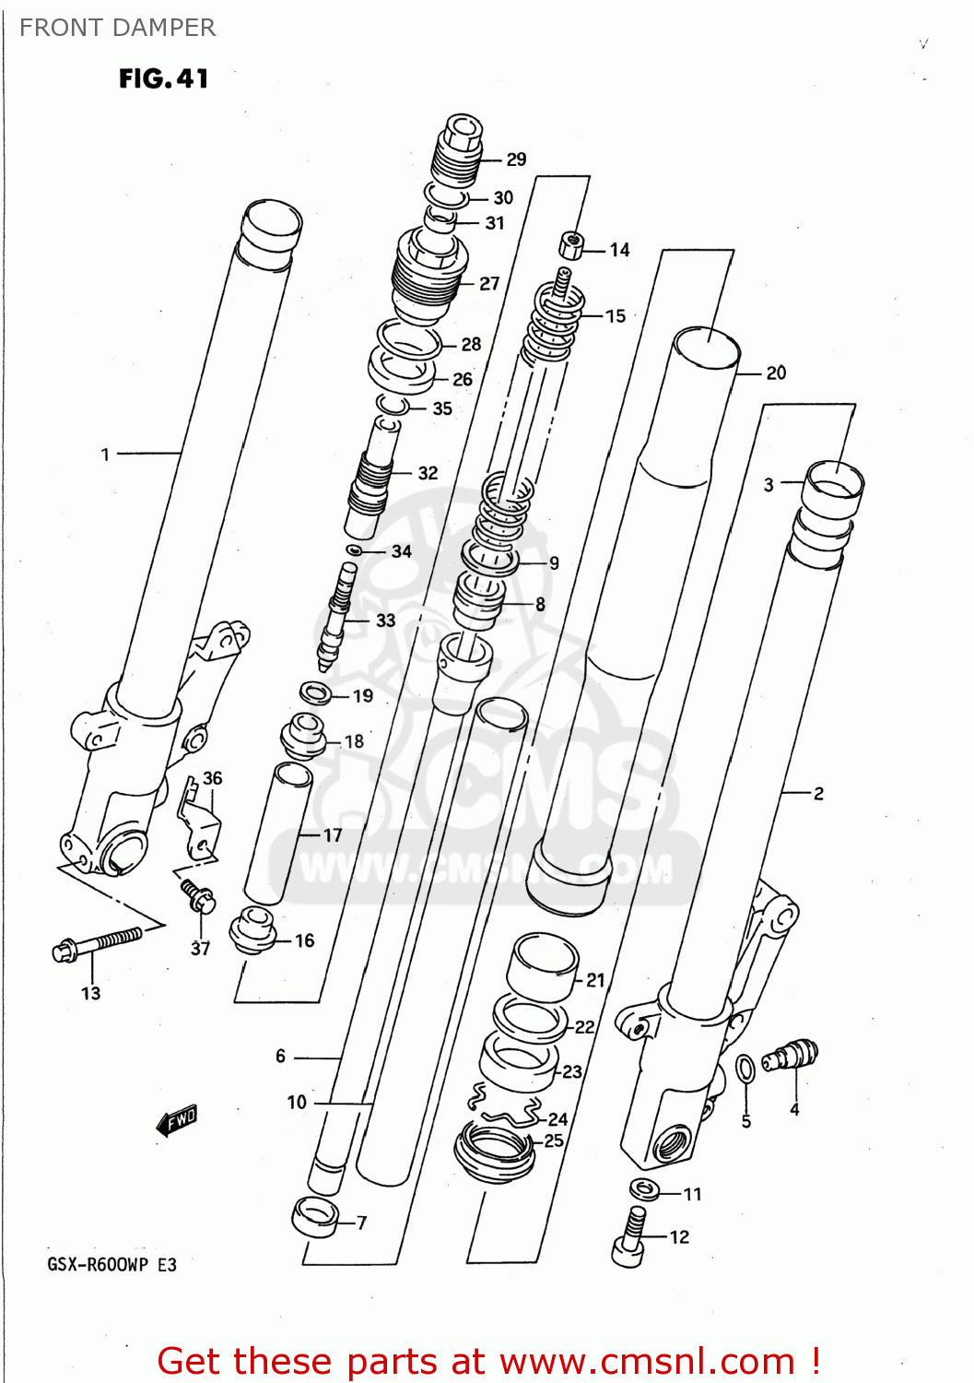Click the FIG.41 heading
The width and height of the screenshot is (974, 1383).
click(163, 79)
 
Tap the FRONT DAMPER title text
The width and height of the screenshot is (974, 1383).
click(117, 28)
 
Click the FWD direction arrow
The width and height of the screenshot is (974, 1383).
click(177, 1120)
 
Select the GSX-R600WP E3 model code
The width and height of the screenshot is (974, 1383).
click(111, 1264)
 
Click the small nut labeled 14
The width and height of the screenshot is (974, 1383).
click(571, 246)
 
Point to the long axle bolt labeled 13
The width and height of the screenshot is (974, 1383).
click(97, 944)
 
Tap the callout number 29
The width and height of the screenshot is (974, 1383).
click(516, 160)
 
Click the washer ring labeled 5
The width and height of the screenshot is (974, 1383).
click(745, 1070)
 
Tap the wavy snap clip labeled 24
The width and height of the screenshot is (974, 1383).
click(505, 1106)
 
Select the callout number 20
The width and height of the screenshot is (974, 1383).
click(776, 372)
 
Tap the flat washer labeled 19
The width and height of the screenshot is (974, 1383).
click(316, 691)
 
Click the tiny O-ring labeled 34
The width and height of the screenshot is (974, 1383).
click(353, 550)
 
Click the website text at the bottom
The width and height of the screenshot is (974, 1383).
click(488, 1361)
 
